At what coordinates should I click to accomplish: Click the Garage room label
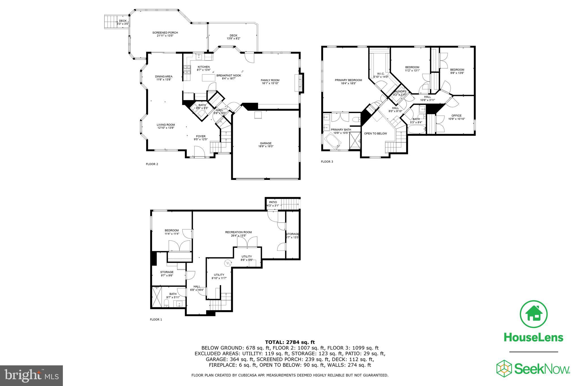coord(266,143)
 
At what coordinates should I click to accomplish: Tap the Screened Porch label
coord(165,33)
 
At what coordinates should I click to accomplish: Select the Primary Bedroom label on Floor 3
coord(348,80)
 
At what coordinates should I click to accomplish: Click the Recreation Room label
coord(238,232)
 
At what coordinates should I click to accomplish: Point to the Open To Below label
coord(375,133)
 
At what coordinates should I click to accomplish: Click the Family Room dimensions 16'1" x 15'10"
coord(270,83)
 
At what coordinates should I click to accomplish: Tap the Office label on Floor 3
coord(457,115)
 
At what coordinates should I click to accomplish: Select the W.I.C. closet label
coord(381,74)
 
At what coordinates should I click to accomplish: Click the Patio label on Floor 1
coord(273,202)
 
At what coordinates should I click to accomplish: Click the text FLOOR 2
coord(152,164)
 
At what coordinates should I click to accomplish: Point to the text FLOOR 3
coord(327,162)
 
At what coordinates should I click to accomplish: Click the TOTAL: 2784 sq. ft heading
coord(290,342)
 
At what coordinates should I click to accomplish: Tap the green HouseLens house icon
coord(534,314)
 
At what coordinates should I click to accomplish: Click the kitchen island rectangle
coord(208,77)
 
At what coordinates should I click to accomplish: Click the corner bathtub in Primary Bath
coord(334,141)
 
